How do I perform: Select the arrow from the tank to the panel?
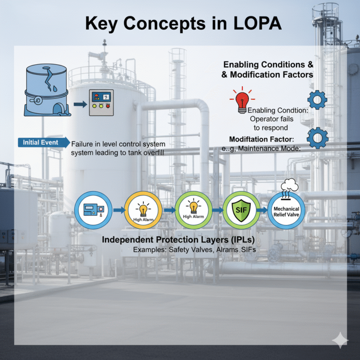[80, 104]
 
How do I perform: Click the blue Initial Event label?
[41, 142]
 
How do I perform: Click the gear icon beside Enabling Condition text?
[317, 100]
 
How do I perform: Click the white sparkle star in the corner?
[339, 341]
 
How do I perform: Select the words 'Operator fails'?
[271, 119]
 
